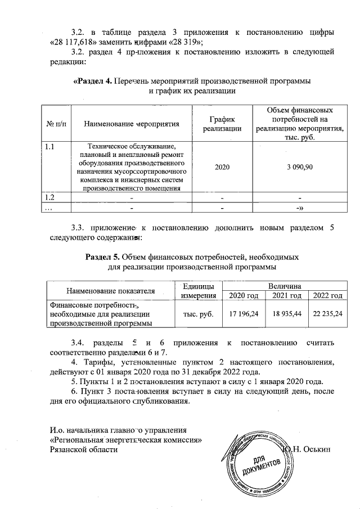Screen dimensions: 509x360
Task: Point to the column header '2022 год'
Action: [x=328, y=296]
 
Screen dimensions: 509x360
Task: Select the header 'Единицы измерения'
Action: [x=195, y=291]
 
